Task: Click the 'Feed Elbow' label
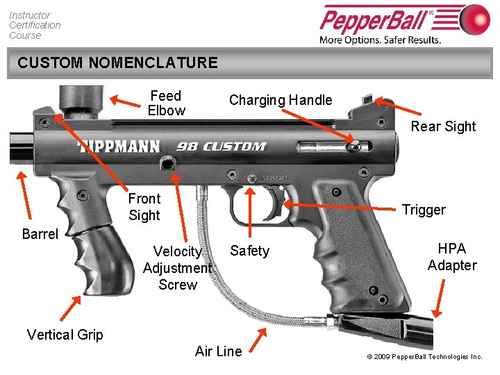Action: [166, 103]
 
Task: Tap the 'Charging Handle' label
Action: [281, 100]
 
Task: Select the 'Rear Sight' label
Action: [443, 126]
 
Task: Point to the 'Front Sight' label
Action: [144, 207]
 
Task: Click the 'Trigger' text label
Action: [424, 210]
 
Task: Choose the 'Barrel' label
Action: [40, 234]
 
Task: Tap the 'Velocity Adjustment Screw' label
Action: [177, 268]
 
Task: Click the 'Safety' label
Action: [249, 251]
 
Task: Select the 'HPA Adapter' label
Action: [452, 257]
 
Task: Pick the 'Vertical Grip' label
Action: [65, 335]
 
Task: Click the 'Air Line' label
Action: [219, 351]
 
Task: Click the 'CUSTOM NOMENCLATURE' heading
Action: [117, 63]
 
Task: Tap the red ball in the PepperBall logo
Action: [475, 19]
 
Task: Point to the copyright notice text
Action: [424, 357]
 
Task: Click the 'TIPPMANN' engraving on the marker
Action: [119, 147]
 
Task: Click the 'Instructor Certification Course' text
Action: [35, 25]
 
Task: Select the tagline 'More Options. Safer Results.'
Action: [380, 40]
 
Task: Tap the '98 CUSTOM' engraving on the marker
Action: [221, 147]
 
